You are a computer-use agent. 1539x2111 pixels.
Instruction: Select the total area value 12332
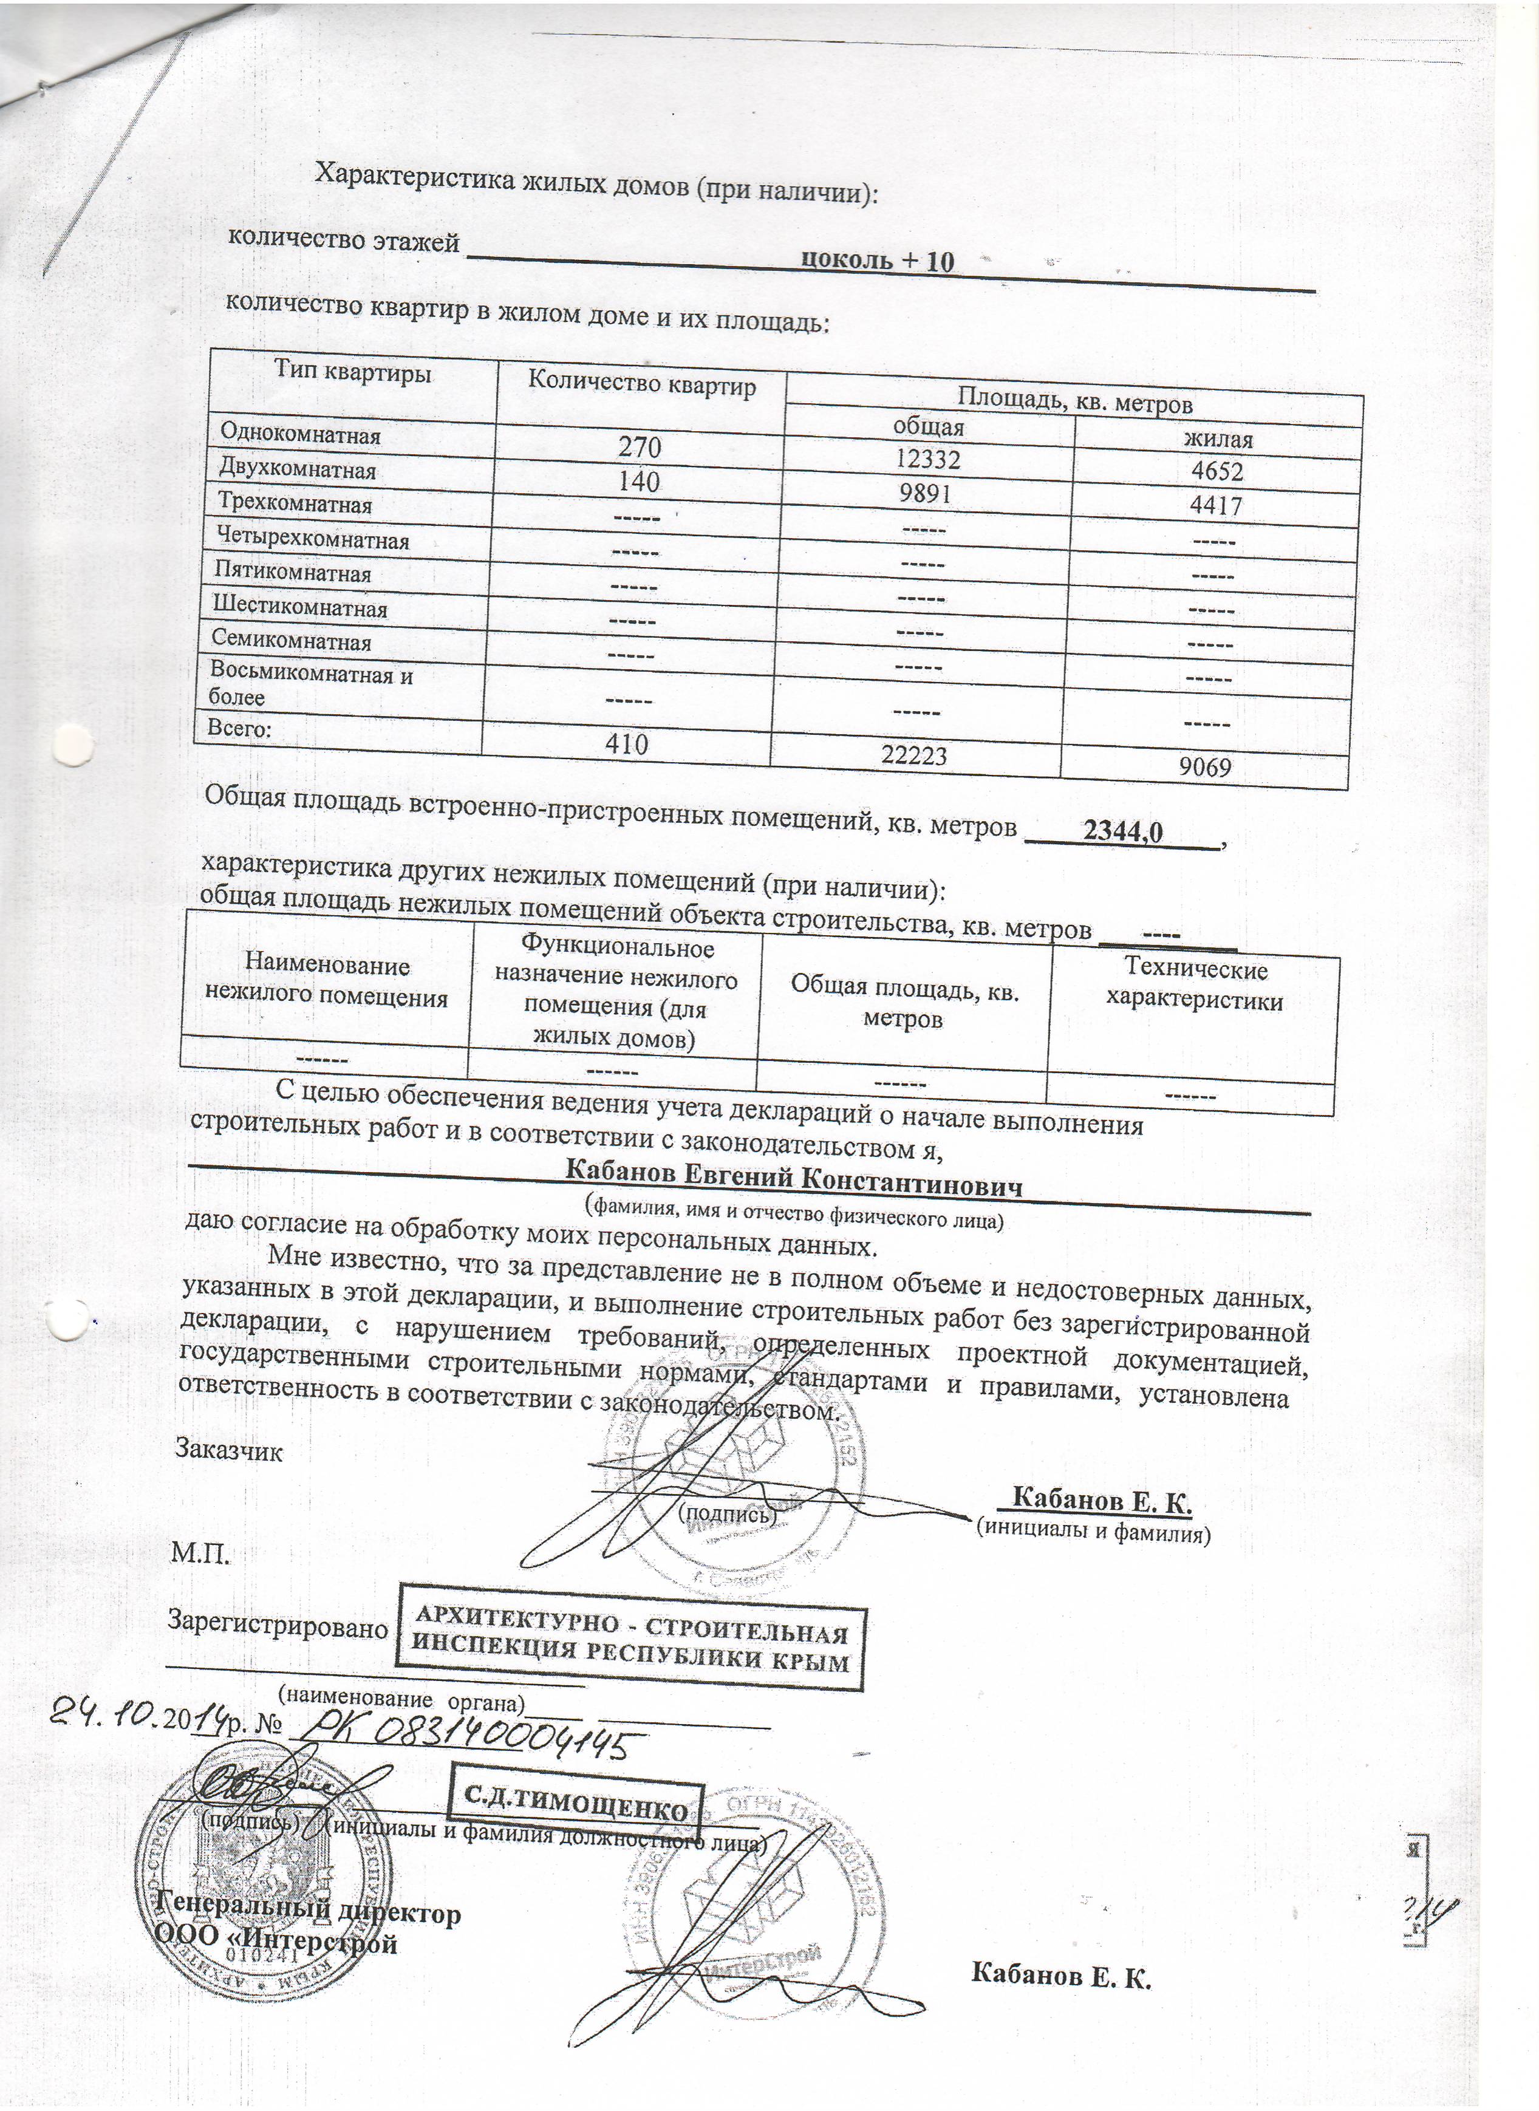[927, 459]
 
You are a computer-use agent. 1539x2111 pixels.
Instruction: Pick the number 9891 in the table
[925, 493]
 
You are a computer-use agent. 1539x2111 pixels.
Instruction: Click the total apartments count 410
[626, 743]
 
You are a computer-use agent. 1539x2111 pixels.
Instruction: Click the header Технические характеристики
[1194, 984]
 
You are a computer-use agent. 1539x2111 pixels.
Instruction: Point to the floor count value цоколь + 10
[878, 261]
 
